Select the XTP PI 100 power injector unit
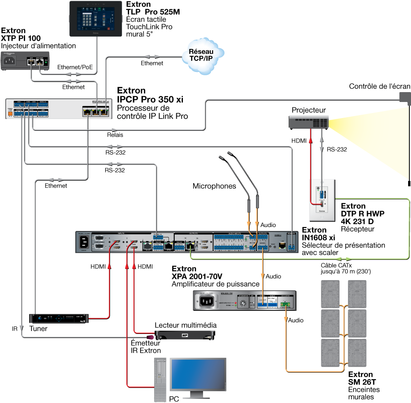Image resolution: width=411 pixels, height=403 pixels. pyautogui.click(x=25, y=62)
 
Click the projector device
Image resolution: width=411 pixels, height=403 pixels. pyautogui.click(x=308, y=122)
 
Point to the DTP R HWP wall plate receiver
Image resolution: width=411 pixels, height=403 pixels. pyautogui.click(x=322, y=197)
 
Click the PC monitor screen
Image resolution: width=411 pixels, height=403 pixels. pyautogui.click(x=198, y=375)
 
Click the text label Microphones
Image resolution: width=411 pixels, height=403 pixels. pyautogui.click(x=214, y=186)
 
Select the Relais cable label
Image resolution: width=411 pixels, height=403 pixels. pyautogui.click(x=115, y=134)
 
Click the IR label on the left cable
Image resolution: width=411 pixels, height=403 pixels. pyautogui.click(x=15, y=329)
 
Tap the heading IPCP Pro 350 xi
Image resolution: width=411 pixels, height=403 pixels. pyautogui.click(x=150, y=100)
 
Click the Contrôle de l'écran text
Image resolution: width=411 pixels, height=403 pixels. pyautogui.click(x=379, y=86)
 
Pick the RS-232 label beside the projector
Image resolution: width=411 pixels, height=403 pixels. pyautogui.click(x=337, y=149)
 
